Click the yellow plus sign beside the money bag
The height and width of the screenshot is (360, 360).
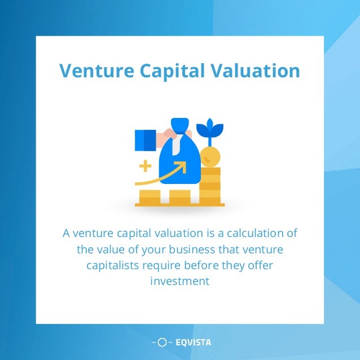(146, 165)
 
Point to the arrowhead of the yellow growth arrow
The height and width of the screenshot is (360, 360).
(182, 166)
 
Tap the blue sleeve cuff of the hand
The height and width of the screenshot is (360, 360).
(145, 140)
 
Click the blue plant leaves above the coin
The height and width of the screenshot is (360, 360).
(213, 129)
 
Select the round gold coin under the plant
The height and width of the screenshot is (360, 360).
(211, 156)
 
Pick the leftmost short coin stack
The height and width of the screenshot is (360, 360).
(150, 197)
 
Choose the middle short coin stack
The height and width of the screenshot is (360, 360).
(180, 197)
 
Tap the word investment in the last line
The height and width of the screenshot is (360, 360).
(180, 280)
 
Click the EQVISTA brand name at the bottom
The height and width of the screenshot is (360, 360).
(193, 342)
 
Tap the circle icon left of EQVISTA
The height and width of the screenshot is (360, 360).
(162, 342)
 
